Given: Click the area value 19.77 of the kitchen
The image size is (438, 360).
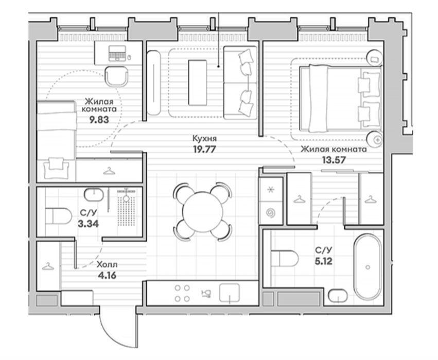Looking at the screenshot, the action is [x=204, y=149].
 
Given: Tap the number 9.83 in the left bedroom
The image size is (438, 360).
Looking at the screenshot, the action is [x=99, y=120].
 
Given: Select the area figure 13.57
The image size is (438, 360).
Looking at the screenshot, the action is [x=334, y=160].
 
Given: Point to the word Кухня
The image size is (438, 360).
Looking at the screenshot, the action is [x=204, y=138].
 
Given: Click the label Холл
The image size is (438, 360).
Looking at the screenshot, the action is [x=107, y=264].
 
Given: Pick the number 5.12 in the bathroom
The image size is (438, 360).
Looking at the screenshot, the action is [x=323, y=261].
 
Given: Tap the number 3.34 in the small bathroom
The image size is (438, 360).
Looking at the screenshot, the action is [x=89, y=224].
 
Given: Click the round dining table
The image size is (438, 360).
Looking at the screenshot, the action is [x=202, y=211].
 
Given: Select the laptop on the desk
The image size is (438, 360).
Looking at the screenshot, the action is [x=117, y=53].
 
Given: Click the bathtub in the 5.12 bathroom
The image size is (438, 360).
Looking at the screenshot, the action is [x=367, y=267].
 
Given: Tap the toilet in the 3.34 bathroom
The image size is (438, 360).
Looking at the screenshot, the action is [x=58, y=216].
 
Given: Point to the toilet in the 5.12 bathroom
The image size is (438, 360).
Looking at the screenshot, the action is [x=284, y=258].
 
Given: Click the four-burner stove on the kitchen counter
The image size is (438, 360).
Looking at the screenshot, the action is [x=182, y=293].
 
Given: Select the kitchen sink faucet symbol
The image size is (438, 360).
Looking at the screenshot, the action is [x=206, y=294].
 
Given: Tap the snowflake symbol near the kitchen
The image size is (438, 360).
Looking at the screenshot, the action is [x=271, y=190].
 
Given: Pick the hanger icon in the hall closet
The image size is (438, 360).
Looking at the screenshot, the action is [x=48, y=266].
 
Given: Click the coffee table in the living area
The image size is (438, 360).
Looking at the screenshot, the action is [x=198, y=83].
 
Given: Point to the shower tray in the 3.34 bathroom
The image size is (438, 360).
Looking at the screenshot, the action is [x=126, y=208].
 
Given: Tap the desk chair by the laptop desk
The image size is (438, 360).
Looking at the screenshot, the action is [x=117, y=77].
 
